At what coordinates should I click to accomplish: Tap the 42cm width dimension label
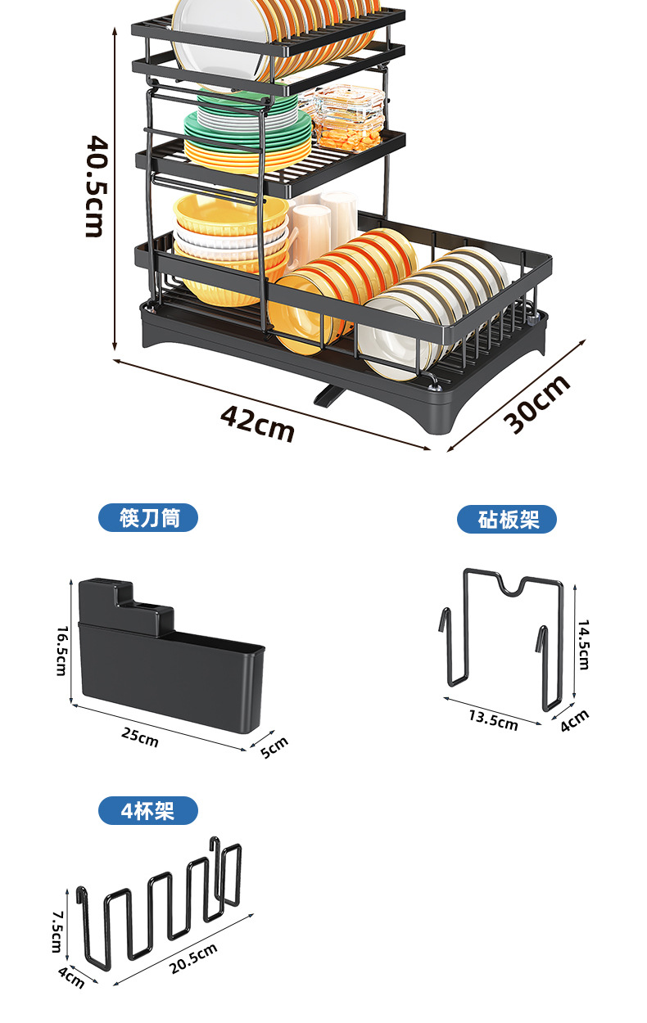pos(256,422)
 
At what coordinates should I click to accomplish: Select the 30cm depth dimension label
pos(536,404)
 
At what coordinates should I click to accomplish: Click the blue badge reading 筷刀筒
pos(148,518)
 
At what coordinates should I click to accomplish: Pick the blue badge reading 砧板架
pos(507,519)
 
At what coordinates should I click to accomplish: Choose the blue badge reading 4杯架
pos(148,811)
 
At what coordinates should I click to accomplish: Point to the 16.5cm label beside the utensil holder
pos(62,651)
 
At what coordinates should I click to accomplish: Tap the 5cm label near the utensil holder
pos(274,747)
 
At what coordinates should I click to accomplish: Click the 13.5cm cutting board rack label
pos(493,719)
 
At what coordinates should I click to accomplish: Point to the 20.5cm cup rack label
pos(194,958)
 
